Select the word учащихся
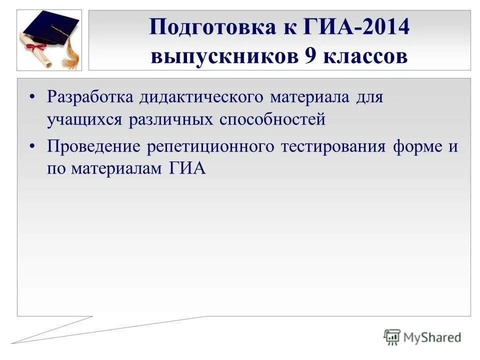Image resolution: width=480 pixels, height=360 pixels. (85, 119)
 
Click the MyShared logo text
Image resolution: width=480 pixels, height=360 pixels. (432, 337)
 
